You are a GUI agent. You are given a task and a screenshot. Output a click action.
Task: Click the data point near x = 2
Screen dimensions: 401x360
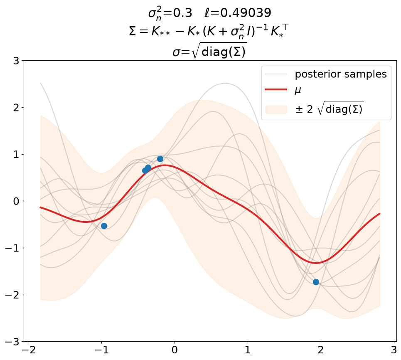click(316, 282)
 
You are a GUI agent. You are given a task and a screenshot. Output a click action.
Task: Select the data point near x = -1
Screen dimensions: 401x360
click(104, 226)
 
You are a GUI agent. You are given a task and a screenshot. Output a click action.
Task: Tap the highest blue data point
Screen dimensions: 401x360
click(160, 159)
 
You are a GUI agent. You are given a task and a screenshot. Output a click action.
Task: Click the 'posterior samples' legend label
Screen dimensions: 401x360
click(341, 74)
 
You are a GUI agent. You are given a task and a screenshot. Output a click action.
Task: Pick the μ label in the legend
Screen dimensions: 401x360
click(298, 90)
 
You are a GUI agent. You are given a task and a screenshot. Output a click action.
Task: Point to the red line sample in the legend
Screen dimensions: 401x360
click(276, 89)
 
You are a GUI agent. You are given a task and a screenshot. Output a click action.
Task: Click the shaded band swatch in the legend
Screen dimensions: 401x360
click(276, 109)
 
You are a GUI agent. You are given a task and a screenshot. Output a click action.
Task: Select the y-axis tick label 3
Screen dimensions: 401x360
click(16, 61)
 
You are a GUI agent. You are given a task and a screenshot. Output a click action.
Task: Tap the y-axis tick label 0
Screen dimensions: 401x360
click(16, 201)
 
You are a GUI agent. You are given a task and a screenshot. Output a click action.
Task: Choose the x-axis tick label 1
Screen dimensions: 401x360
click(248, 350)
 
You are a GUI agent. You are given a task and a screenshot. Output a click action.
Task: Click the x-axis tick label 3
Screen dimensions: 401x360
click(394, 350)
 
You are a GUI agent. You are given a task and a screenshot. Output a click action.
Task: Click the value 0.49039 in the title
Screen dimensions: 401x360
click(246, 13)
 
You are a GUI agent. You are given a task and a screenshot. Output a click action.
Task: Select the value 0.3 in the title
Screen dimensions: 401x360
click(182, 13)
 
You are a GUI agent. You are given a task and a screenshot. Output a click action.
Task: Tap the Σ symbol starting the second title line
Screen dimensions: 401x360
click(133, 32)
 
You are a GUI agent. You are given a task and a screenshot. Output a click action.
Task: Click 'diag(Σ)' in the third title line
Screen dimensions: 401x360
click(223, 52)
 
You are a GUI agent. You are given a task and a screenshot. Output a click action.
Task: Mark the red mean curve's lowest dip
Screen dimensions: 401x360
click(316, 263)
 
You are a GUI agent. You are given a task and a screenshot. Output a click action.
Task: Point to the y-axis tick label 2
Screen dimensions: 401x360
click(16, 108)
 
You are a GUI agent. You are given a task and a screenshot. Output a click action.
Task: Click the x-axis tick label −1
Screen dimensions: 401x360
click(102, 350)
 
